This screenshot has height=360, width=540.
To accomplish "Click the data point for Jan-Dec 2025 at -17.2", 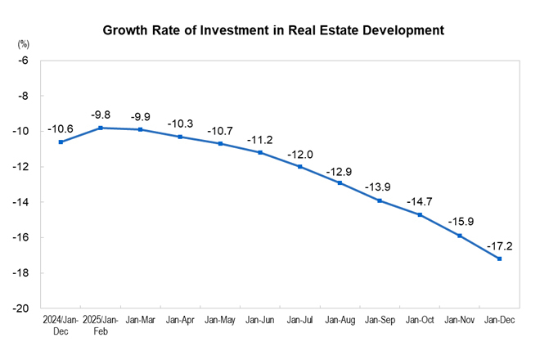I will [x=500, y=259].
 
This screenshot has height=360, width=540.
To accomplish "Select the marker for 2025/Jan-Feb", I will [x=101, y=128].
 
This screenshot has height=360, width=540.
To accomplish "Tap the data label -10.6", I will [x=61, y=128].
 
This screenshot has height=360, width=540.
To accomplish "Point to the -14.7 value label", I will [x=421, y=200].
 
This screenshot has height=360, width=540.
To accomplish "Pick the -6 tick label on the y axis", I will [x=24, y=61].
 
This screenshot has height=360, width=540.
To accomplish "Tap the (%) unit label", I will [x=23, y=41].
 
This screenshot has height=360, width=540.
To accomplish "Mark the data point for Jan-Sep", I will [x=380, y=200].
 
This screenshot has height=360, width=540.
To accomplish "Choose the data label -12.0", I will [x=300, y=153].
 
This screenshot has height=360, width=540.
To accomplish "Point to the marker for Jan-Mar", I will [x=141, y=129].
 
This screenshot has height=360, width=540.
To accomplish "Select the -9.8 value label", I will [x=101, y=114].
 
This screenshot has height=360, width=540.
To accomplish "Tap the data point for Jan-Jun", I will [x=260, y=152].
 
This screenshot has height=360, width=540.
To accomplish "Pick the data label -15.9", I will [x=460, y=222].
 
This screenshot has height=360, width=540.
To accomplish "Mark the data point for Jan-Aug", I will [x=340, y=182].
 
